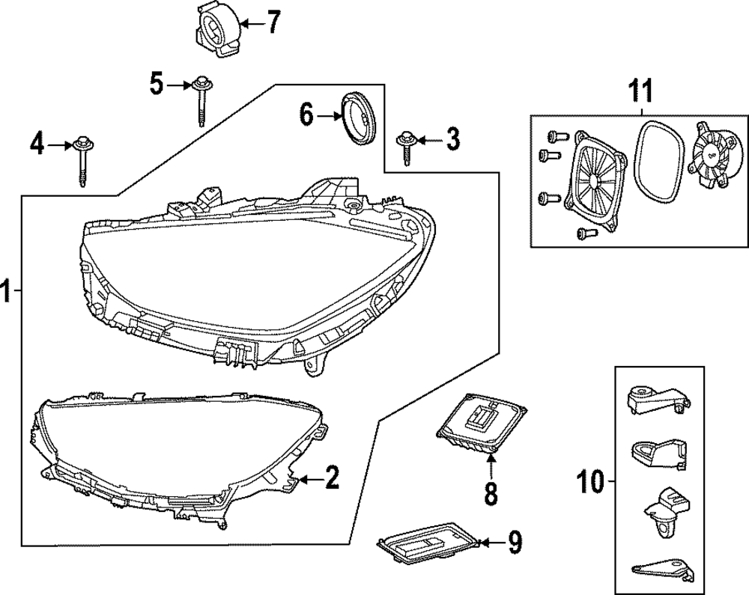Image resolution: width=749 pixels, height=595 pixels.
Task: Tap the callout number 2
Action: (330, 477)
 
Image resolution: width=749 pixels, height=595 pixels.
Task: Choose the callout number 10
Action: (590, 482)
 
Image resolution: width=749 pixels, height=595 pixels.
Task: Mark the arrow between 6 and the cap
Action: (328, 116)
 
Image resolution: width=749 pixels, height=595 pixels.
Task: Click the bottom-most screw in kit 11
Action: (583, 234)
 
